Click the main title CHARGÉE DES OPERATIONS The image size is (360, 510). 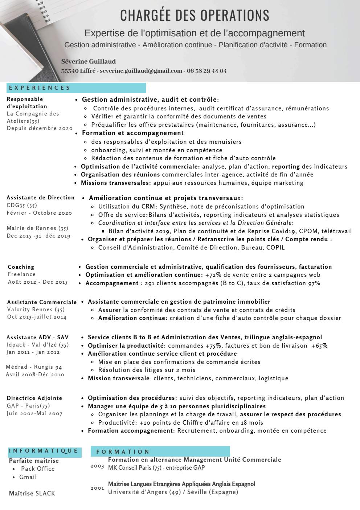tap(195, 16)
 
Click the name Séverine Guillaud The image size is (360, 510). tap(89, 61)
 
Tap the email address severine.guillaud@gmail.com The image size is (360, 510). tap(141, 71)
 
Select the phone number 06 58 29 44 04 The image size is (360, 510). tap(206, 71)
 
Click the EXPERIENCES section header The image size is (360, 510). tap(40, 88)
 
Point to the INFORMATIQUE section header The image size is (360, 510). tap(44, 451)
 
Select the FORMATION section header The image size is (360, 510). tap(123, 452)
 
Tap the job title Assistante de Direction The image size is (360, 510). tap(41, 198)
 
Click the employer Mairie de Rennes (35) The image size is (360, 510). tap(37, 228)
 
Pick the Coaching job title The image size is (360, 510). tap(21, 267)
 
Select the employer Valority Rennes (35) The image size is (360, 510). tap(36, 310)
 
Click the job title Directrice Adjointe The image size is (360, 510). tap(34, 398)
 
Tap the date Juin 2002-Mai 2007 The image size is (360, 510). tap(34, 413)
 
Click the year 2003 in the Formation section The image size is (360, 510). tap(97, 466)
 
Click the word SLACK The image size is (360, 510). tap(45, 493)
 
